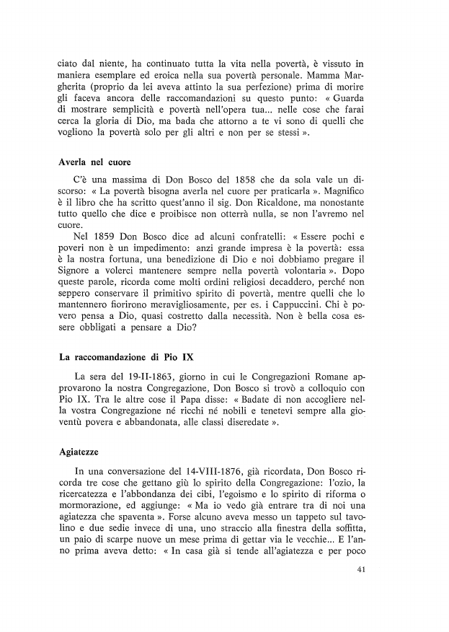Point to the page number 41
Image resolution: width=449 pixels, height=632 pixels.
[362, 570]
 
